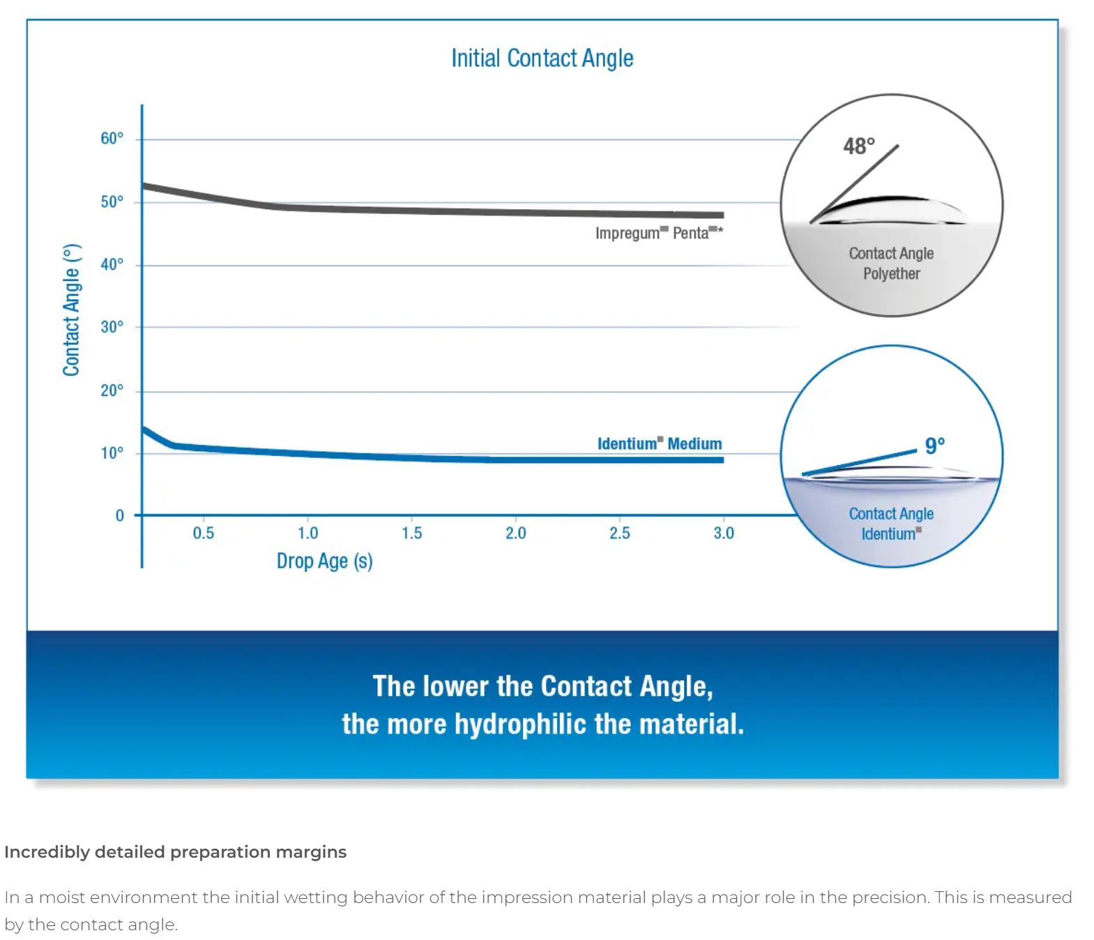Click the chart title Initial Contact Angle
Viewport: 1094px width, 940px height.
(542, 58)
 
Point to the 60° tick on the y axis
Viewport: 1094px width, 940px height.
(112, 138)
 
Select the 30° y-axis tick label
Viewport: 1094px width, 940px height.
(112, 327)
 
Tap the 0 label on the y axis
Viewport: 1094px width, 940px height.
(119, 515)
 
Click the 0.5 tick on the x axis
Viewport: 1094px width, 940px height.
(203, 533)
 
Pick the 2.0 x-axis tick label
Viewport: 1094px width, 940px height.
(515, 533)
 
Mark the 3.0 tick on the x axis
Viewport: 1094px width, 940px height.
(723, 533)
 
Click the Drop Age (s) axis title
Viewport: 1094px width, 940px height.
(324, 561)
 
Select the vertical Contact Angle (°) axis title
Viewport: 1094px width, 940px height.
(71, 310)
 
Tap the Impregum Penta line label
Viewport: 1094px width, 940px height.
(658, 233)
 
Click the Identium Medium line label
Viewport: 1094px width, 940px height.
(659, 444)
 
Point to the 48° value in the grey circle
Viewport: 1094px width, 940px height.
(858, 146)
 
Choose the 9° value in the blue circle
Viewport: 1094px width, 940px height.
(934, 445)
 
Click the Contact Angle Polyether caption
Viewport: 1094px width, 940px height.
(891, 264)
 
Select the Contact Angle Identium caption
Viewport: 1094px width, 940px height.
(891, 524)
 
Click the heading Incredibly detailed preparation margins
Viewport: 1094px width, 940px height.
(175, 852)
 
